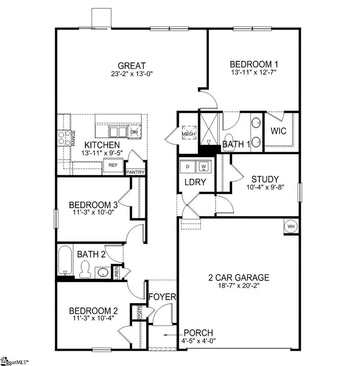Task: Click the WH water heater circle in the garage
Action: tap(291, 227)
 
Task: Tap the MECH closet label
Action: tap(188, 133)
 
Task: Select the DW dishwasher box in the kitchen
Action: tap(134, 131)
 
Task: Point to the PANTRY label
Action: tap(136, 172)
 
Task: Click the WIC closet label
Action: tap(278, 131)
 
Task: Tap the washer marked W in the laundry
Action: tap(204, 166)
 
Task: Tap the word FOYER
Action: tap(162, 297)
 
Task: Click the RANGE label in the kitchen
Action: tap(74, 137)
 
